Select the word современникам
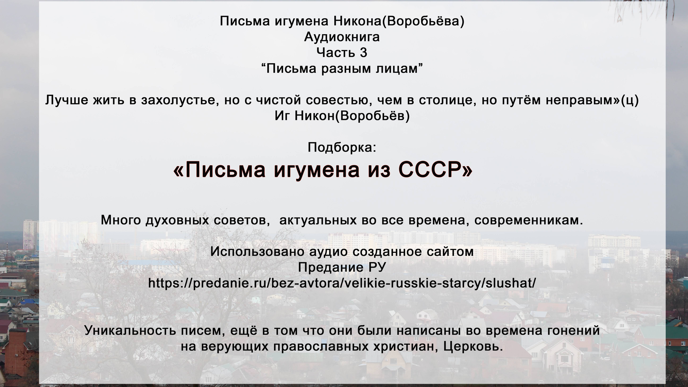(529, 220)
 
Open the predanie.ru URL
(342, 283)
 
